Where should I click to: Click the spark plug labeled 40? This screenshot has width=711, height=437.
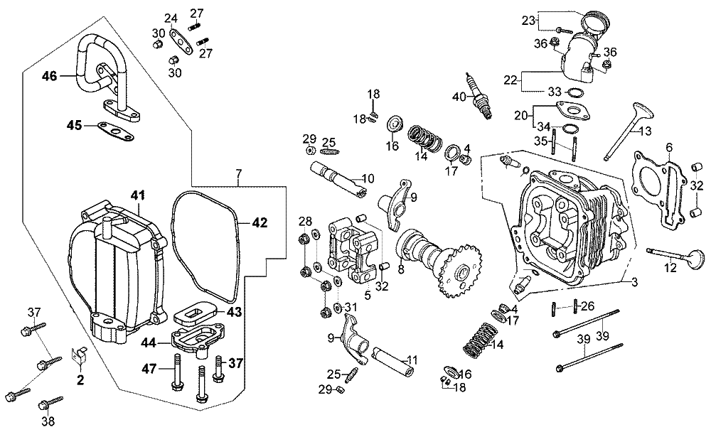coord(478,95)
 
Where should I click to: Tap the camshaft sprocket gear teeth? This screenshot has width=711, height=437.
coord(458,272)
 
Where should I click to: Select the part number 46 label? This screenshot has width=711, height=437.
coord(50,76)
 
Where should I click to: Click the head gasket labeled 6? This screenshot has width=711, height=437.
coord(656,190)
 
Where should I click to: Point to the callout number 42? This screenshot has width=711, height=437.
coord(260,223)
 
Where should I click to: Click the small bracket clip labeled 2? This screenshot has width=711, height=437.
coord(80,355)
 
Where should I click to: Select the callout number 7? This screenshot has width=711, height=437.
coord(239,173)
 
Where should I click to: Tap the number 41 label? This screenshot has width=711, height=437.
coord(138,195)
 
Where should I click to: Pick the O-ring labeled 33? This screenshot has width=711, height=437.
coord(576,93)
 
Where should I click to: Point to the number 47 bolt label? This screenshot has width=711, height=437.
coord(149,369)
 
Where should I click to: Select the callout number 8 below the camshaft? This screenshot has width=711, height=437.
coord(401,269)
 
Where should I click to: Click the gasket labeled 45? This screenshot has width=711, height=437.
coord(116,132)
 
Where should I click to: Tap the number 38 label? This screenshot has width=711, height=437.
coord(48,421)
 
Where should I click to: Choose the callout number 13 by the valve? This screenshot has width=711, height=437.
coord(645,131)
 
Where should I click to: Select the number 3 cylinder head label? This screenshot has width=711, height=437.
coord(635,282)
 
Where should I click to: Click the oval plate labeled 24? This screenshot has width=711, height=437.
coord(180,42)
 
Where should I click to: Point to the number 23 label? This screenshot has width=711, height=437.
coord(528,21)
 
